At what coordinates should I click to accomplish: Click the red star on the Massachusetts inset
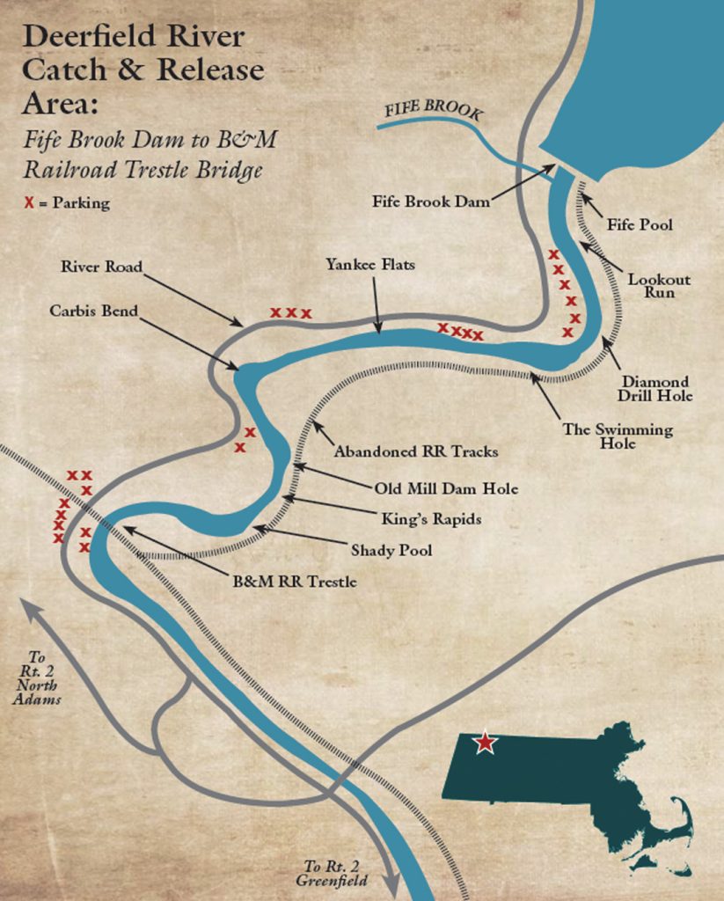pos(484,743)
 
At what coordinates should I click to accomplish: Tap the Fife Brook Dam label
pos(430,201)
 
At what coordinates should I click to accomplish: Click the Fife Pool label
pos(640,225)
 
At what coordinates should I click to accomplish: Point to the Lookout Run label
pos(658,286)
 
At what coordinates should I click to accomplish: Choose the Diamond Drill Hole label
pos(655,389)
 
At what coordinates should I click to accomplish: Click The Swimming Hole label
pos(618,436)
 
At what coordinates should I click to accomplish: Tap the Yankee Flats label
pos(369,264)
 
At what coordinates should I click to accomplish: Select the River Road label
pos(101,267)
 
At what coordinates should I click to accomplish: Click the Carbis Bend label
pos(93,311)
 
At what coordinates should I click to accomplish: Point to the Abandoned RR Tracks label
pos(415,451)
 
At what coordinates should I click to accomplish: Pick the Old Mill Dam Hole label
pos(446,488)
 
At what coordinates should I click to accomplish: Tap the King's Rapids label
pos(431,519)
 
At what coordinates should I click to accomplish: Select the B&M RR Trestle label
pos(295,582)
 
